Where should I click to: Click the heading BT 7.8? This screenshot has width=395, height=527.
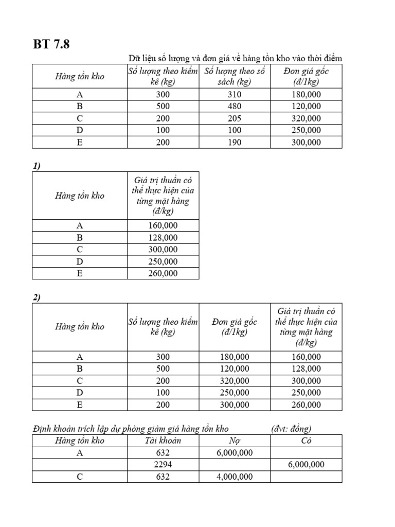[x=51, y=44]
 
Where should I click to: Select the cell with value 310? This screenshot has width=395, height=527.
[x=234, y=94]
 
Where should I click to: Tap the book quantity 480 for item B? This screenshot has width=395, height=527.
[x=234, y=107]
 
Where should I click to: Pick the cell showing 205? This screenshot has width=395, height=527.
[x=234, y=118]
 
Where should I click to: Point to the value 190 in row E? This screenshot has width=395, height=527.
[x=234, y=143]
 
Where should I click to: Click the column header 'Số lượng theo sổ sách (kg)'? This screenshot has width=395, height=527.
[x=234, y=76]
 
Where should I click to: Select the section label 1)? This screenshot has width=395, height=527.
[x=37, y=166]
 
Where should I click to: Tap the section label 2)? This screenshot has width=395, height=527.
[x=37, y=297]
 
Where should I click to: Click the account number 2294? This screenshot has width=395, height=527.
[x=163, y=464]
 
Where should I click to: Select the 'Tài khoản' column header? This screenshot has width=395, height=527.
[x=163, y=441]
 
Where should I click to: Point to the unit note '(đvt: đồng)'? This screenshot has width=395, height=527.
[x=291, y=429]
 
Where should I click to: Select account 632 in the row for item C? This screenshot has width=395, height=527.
[x=163, y=477]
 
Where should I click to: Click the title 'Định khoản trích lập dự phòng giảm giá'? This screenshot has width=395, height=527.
[x=131, y=429]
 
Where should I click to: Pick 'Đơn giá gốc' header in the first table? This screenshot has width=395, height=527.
[x=306, y=76]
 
